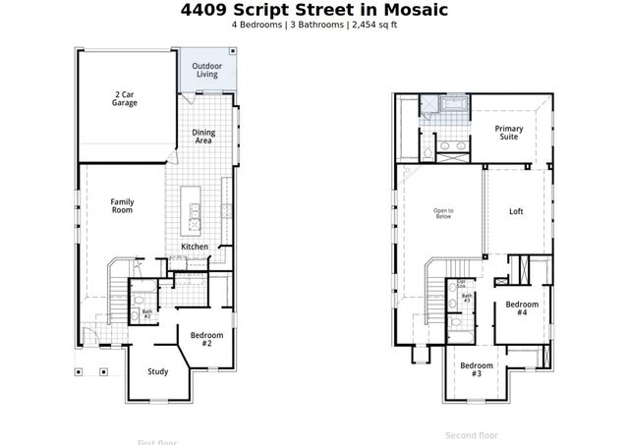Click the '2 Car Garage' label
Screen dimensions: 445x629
124,98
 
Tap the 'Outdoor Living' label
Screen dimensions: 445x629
206,70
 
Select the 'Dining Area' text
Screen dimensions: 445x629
203,137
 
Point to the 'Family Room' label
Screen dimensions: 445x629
122,206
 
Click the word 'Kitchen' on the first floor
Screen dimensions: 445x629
195,247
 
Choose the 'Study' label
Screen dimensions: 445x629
157,371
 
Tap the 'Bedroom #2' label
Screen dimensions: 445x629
206,340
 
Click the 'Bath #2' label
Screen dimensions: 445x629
146,314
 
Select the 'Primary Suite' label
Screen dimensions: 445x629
508,133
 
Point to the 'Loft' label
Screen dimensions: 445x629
516,211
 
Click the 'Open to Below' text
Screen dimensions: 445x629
443,213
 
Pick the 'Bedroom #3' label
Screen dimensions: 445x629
477,370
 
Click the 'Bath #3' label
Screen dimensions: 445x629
467,298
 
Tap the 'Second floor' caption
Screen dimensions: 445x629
472,435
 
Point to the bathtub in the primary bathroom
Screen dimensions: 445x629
454,103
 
